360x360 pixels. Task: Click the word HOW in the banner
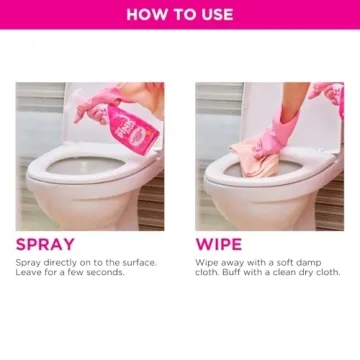coord(146,15)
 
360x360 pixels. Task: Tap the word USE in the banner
coord(214,15)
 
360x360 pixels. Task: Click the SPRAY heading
coord(44,244)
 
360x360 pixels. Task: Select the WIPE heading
coord(218,244)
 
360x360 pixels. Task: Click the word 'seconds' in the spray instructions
coord(104,272)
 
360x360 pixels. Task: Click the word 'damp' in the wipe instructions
coord(322,262)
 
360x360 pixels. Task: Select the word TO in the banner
coord(180,15)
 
